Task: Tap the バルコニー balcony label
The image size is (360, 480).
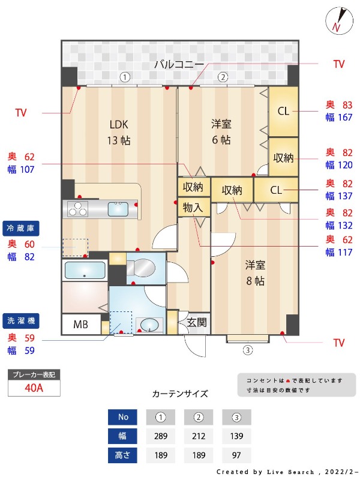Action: pos(179,64)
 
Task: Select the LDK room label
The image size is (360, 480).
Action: pos(119,125)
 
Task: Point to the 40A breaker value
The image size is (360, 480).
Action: pos(34,388)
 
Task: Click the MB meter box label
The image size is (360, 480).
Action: pos(80,325)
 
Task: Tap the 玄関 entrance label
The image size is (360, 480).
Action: pos(196,322)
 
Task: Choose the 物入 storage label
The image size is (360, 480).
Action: pos(193,208)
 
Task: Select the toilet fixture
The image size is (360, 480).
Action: pos(142,266)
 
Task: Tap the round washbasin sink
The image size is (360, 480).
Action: pos(149,325)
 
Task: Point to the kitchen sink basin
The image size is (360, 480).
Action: pos(117,209)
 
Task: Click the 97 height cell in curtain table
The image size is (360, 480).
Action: pos(236,455)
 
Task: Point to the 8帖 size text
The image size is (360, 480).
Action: pos(254,281)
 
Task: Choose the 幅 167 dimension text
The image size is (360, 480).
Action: pos(338,117)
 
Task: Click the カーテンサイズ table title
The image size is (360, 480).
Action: pos(180,394)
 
